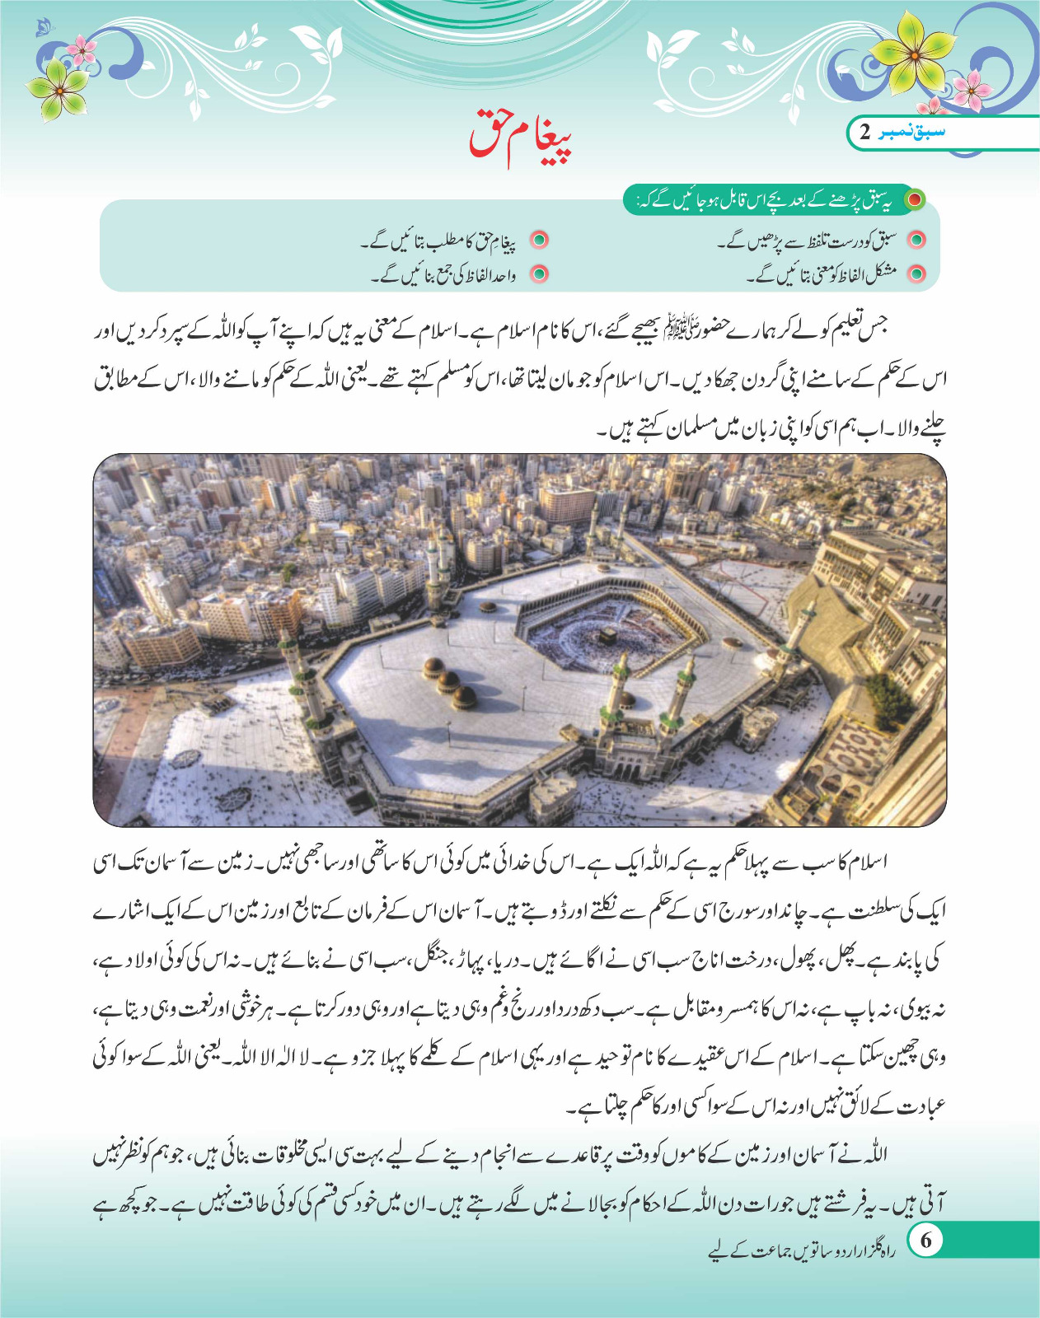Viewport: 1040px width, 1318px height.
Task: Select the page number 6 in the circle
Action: pos(925,1241)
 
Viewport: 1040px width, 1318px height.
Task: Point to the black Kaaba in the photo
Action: pos(608,638)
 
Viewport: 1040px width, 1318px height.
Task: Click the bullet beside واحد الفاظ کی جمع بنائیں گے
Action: pos(539,273)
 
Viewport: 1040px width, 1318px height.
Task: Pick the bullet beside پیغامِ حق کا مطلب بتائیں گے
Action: pos(539,241)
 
